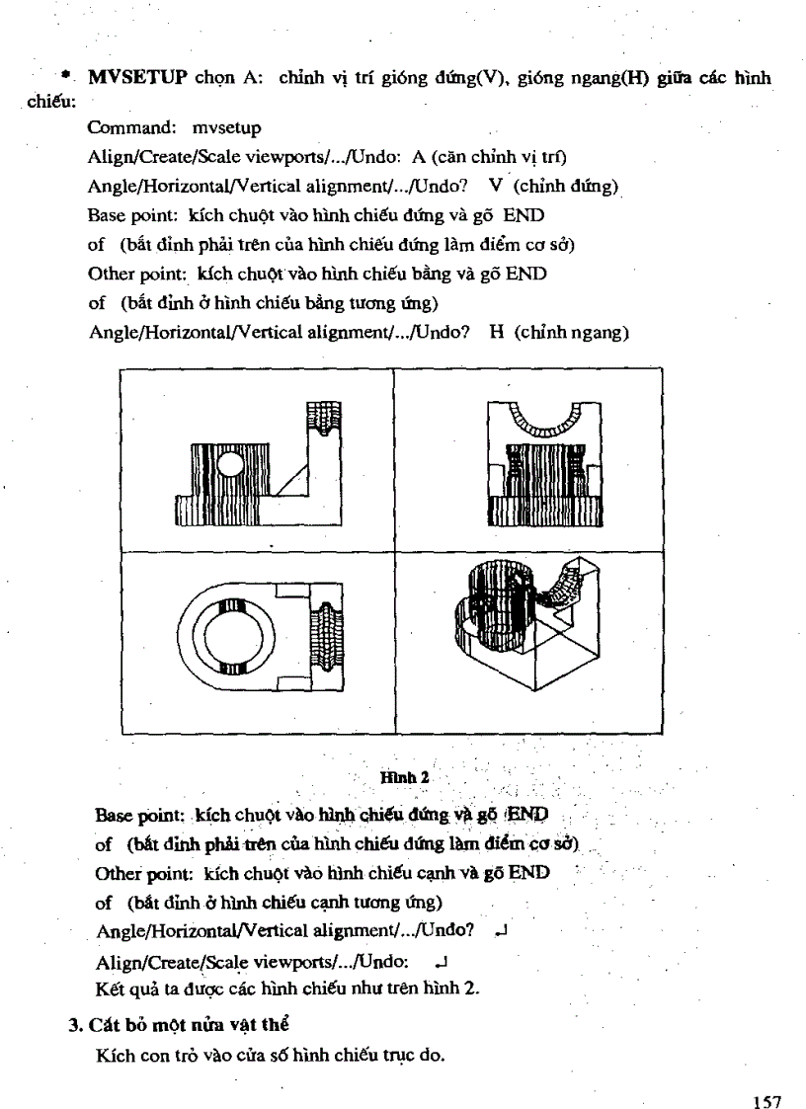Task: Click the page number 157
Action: click(766, 1073)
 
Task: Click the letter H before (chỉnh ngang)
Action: click(497, 333)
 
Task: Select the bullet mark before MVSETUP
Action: click(66, 74)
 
